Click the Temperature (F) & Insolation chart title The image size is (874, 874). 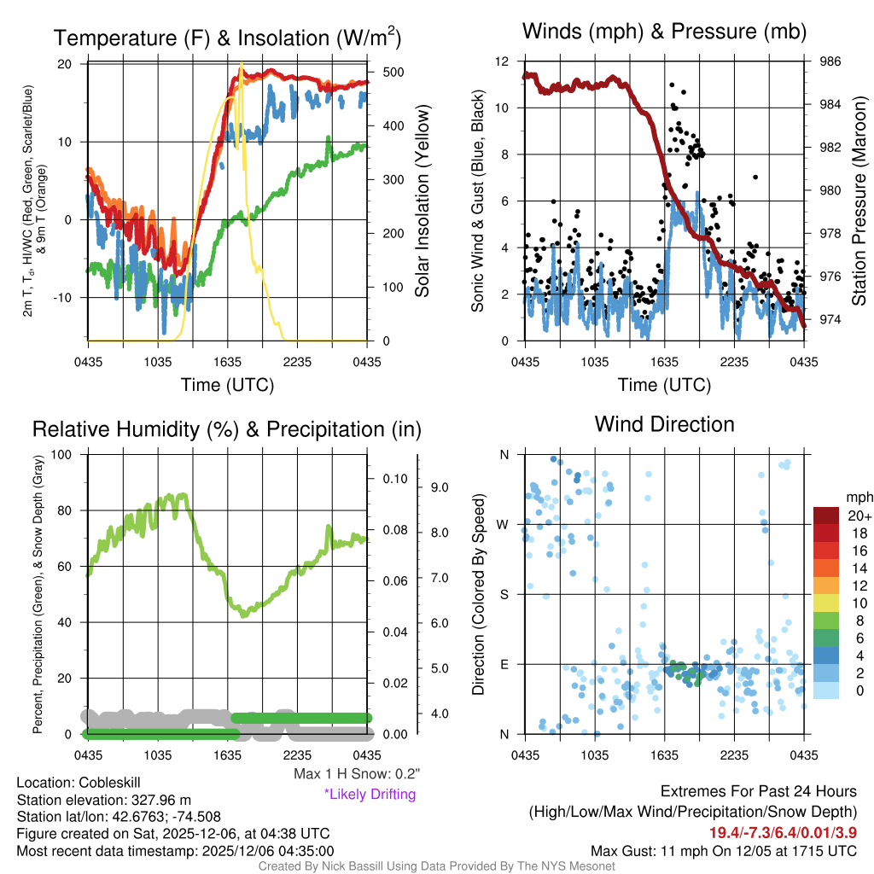tap(227, 38)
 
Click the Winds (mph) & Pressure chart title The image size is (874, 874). tap(664, 32)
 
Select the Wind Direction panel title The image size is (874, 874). tap(664, 424)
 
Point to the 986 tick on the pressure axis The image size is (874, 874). tap(819, 61)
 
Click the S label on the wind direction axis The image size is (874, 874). tap(504, 594)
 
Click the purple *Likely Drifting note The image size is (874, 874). tap(370, 795)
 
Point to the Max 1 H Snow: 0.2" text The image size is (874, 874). tap(357, 773)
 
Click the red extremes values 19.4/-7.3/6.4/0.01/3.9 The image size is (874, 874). tap(783, 832)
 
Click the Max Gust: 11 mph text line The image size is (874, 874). tap(724, 851)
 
